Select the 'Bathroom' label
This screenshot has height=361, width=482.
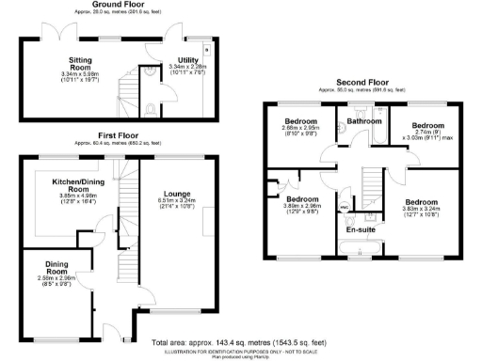point(363,121)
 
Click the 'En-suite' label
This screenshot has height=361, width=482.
point(361,228)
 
